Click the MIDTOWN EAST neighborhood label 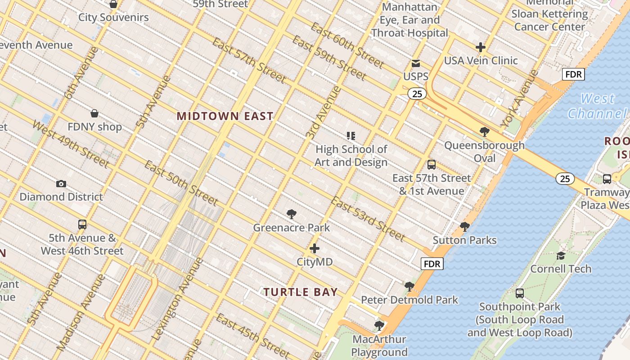225,116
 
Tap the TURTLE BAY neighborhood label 301,292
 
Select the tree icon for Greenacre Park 292,214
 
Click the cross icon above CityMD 315,248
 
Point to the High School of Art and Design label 351,156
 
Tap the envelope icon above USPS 416,63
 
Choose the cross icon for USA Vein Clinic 481,47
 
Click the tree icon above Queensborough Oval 485,132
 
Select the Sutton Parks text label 464,240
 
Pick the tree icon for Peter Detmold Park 409,286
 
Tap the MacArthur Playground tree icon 379,325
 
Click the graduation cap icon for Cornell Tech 561,256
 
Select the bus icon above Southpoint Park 520,293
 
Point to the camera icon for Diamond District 61,184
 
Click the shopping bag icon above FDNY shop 94,113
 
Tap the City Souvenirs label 113,18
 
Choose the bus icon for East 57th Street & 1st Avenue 432,165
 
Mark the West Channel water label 597,106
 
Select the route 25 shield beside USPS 417,94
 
